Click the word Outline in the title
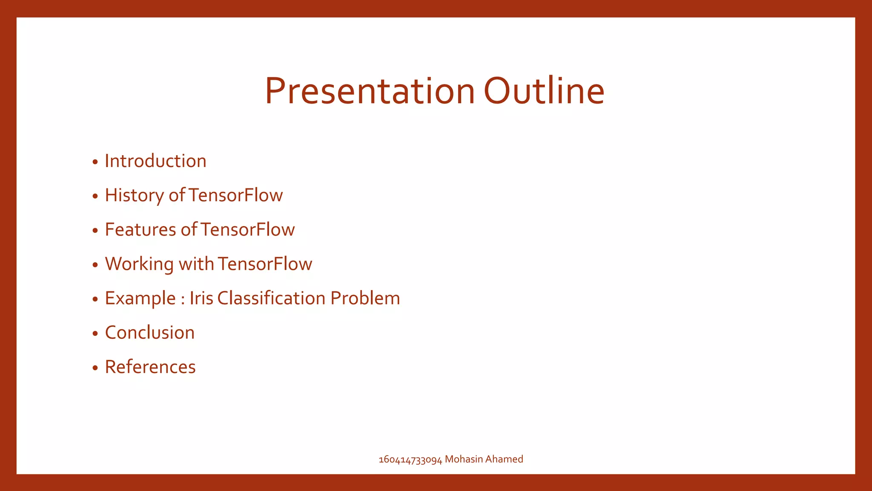tap(544, 91)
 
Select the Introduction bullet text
tap(155, 161)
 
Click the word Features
tap(140, 230)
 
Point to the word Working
tap(139, 264)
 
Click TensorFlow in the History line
tap(235, 196)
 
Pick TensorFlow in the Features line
tap(247, 230)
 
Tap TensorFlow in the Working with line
tap(264, 264)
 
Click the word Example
tap(140, 298)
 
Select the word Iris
tap(201, 298)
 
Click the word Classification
tap(271, 298)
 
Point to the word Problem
tap(365, 298)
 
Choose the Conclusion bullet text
tap(150, 333)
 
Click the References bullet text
tap(150, 367)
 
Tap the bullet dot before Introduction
tap(95, 162)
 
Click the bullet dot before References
tap(95, 368)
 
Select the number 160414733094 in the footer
tap(410, 459)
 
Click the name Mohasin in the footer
tap(464, 459)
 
